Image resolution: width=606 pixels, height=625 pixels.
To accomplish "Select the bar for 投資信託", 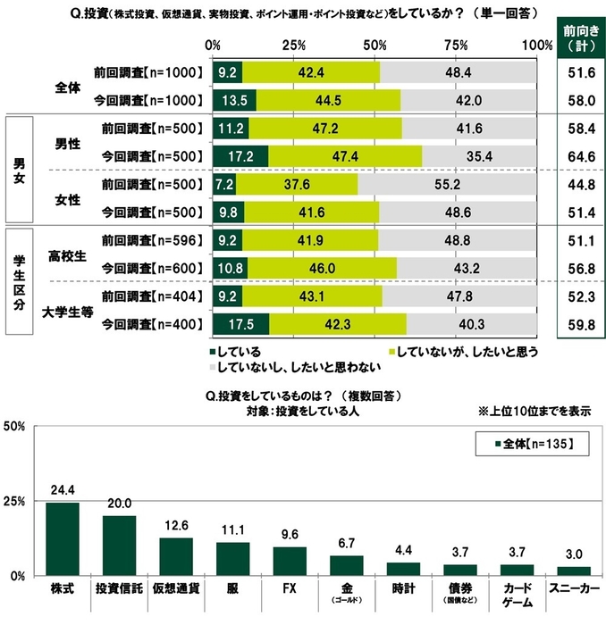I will click(119, 546).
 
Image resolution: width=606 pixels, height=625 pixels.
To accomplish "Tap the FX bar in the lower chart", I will click(290, 561).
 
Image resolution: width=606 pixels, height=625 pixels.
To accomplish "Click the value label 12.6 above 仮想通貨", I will click(176, 524).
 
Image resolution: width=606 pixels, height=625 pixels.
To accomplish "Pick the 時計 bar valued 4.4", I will click(403, 569).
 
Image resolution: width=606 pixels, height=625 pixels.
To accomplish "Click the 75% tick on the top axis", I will click(456, 46).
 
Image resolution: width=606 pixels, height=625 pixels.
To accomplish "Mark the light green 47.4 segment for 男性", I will click(345, 157).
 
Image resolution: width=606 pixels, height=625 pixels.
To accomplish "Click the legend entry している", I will click(237, 352).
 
